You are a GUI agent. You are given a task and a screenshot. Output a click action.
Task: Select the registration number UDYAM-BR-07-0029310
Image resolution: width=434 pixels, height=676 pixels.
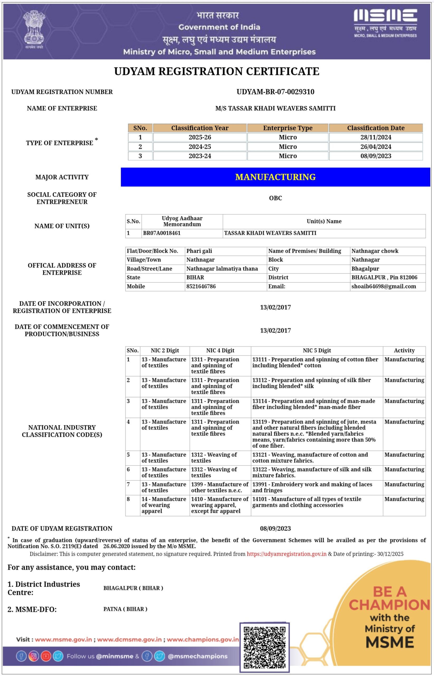click(275, 92)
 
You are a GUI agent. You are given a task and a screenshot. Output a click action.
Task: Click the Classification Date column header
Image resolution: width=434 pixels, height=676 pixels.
click(376, 128)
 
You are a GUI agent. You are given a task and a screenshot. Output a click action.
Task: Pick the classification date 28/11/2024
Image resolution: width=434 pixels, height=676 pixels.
click(376, 137)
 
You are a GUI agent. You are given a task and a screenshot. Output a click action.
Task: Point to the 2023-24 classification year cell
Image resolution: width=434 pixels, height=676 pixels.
click(200, 156)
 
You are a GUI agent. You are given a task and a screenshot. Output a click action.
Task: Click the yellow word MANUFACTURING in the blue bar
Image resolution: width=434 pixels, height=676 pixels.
click(275, 177)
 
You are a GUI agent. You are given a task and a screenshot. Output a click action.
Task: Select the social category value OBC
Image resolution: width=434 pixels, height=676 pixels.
click(275, 198)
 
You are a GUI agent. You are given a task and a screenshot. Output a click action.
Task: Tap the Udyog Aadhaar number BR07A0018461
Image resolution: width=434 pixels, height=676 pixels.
click(162, 233)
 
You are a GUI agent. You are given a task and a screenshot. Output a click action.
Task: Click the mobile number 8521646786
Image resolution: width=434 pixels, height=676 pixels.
click(201, 287)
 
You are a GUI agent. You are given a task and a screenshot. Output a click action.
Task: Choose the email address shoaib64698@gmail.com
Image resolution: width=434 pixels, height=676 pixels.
click(384, 287)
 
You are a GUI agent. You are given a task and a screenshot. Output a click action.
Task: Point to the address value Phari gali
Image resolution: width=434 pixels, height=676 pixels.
click(199, 251)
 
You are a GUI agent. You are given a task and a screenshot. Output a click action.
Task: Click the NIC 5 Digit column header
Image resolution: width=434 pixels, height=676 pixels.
click(317, 351)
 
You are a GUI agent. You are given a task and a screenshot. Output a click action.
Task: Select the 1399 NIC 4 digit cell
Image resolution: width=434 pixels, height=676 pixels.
click(220, 487)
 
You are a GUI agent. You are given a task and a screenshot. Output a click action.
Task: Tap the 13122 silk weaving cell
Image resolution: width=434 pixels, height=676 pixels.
click(312, 472)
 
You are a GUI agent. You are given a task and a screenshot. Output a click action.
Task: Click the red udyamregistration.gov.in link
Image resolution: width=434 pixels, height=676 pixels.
click(287, 554)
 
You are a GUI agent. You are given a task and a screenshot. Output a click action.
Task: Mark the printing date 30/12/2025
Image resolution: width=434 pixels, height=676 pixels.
click(390, 554)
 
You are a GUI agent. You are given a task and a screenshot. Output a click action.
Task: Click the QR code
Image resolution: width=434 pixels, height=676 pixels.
click(264, 647)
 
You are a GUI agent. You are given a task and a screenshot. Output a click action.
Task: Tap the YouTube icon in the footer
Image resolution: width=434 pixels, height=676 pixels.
click(46, 656)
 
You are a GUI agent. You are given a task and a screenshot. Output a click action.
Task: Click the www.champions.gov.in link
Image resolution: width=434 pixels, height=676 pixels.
click(203, 640)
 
